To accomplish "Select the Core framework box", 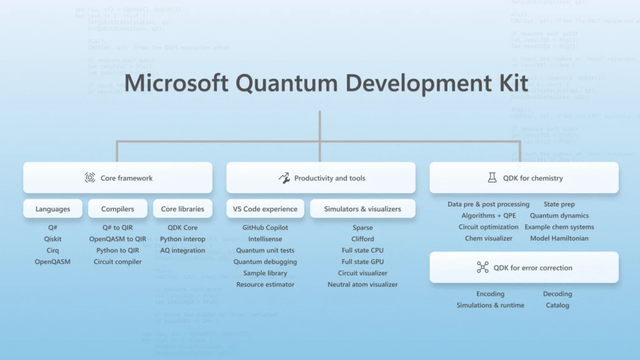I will [x=117, y=178].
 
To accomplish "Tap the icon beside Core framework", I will [x=90, y=178].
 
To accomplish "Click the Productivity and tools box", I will [x=321, y=178].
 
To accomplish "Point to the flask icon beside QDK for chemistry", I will [x=492, y=178].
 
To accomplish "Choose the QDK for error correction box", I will [x=524, y=267].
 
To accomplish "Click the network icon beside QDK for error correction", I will [x=482, y=267].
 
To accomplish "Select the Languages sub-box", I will [x=53, y=209].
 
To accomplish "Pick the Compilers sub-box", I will [x=117, y=209].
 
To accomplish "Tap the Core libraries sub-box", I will [x=182, y=209].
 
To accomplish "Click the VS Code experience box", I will [x=266, y=209].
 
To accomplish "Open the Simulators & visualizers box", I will [x=362, y=209].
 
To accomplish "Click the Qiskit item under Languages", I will [x=53, y=239].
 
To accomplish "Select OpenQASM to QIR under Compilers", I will [x=117, y=239].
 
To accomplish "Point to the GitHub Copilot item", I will [x=266, y=228].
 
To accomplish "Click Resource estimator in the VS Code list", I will [x=266, y=284].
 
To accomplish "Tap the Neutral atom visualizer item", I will [x=362, y=284].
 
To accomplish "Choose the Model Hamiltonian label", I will [x=559, y=238].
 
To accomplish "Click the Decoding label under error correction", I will [x=557, y=294].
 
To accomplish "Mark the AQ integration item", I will [x=182, y=251].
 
